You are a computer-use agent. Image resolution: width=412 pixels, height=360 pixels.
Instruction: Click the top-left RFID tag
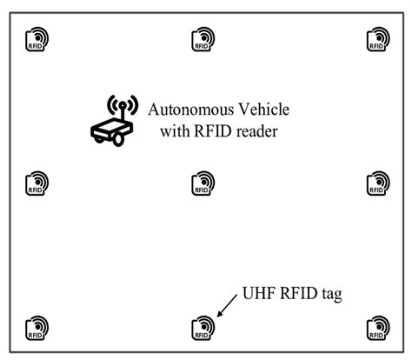(x=37, y=38)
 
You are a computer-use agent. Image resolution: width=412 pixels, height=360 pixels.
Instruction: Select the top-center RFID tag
(x=203, y=38)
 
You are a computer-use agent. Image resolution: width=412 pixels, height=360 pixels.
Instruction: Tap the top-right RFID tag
(x=378, y=38)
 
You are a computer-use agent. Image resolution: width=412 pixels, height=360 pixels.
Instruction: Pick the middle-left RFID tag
(x=37, y=182)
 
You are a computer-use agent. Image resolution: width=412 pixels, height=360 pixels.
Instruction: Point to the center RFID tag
(x=203, y=182)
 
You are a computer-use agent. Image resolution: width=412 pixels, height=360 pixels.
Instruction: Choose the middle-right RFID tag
(x=378, y=182)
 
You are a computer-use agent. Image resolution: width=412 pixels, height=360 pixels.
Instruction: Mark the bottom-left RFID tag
(x=37, y=327)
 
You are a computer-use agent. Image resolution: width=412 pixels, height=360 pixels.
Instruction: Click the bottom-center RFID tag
(x=203, y=327)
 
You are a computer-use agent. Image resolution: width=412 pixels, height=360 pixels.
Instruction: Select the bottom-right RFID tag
(x=378, y=327)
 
